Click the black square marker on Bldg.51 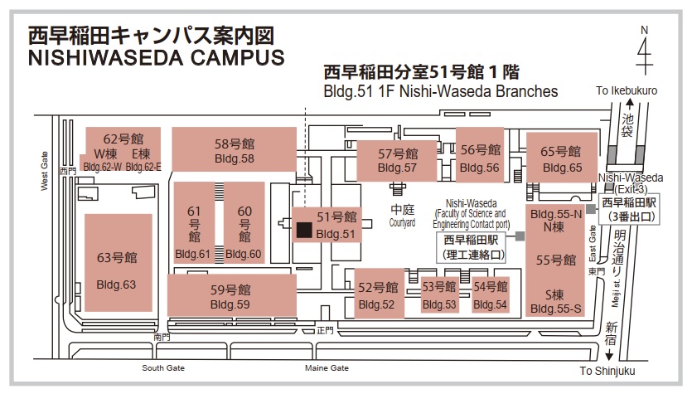[x=304, y=230]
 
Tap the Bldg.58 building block [x=234, y=149]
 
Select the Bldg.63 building [x=119, y=263]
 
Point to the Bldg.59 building [x=232, y=295]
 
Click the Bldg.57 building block [x=397, y=161]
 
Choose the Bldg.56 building [x=480, y=154]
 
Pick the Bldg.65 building [x=562, y=157]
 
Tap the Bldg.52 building [x=379, y=294]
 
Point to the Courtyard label [x=402, y=222]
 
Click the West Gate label [x=45, y=171]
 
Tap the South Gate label [x=163, y=368]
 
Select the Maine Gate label [x=327, y=368]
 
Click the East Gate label [x=593, y=243]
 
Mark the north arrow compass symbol [x=644, y=50]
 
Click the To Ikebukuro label [x=627, y=90]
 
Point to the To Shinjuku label [x=607, y=371]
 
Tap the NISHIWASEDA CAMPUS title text [x=157, y=58]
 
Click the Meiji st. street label [x=616, y=293]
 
